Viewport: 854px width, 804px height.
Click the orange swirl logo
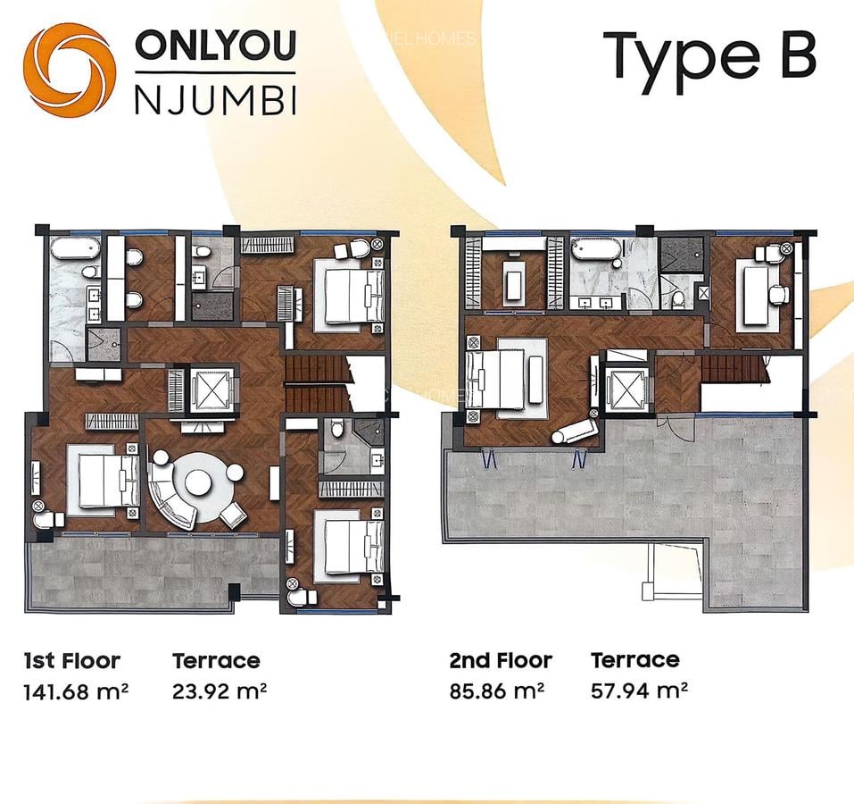coord(69,70)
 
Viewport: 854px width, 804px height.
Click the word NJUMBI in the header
coord(215,100)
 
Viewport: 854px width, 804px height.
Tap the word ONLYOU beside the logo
coord(215,46)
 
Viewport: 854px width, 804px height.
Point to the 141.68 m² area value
coord(77,691)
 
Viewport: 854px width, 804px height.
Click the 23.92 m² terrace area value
coord(220,691)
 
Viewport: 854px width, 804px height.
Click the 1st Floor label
coord(71,661)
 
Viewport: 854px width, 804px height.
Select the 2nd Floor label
coord(501,661)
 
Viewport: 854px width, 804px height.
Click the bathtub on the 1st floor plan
coord(75,247)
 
